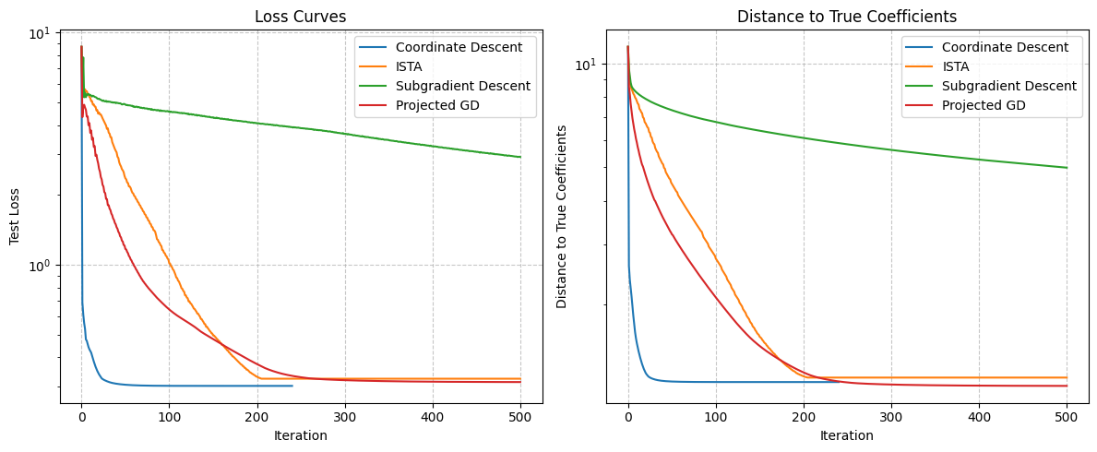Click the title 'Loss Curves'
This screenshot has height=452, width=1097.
[x=301, y=17]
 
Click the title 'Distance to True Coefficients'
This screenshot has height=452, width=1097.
[x=847, y=17]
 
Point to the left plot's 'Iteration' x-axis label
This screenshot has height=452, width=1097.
[x=301, y=435]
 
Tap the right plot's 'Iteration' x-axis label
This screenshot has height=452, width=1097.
[x=847, y=435]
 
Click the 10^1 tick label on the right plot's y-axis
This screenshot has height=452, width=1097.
[x=586, y=64]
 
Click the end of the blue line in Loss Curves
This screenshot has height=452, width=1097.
[x=292, y=386]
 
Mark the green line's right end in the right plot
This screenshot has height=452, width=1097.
[x=1067, y=168]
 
